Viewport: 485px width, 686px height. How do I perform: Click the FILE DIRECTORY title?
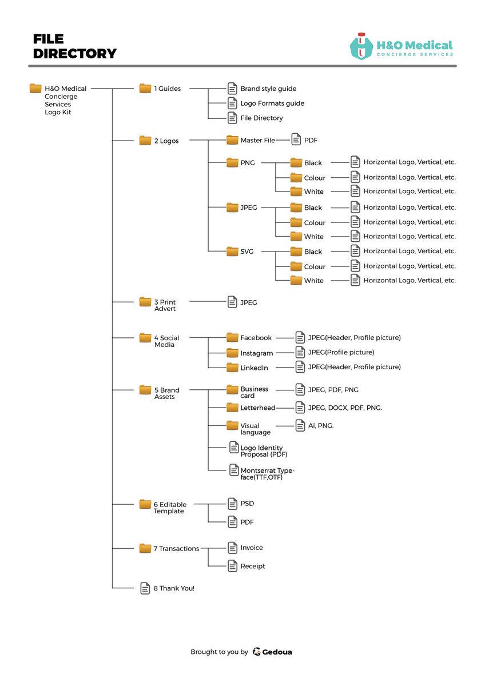coord(75,46)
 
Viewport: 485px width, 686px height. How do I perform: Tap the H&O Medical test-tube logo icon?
coord(361,46)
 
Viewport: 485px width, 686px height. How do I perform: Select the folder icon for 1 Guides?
coord(145,88)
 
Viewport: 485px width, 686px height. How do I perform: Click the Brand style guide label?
coord(268,89)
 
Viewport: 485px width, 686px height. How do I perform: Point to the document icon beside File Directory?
coord(232,118)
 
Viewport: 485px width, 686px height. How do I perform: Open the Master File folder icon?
coord(232,140)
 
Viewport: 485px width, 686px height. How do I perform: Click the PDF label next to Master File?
coord(311,140)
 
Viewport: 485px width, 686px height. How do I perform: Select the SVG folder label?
coord(247,252)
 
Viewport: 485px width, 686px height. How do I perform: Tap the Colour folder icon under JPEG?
coord(296,222)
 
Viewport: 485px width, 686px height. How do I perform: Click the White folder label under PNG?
coord(314,192)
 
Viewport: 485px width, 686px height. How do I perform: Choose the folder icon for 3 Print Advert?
coord(145,302)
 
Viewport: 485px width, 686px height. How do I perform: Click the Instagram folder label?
coord(257,353)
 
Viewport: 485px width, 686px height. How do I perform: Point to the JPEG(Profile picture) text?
coord(341,352)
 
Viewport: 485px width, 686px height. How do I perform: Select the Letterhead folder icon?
coord(232,407)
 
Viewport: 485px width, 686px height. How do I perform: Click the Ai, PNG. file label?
coord(321,425)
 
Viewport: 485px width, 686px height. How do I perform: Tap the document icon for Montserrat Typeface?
coord(234,470)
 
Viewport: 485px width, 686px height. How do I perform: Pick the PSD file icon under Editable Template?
coord(232,504)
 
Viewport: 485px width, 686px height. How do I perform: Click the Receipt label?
coord(253,567)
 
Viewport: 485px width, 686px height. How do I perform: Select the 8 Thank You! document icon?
coord(145,588)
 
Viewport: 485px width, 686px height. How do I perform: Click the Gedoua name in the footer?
coord(277,652)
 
